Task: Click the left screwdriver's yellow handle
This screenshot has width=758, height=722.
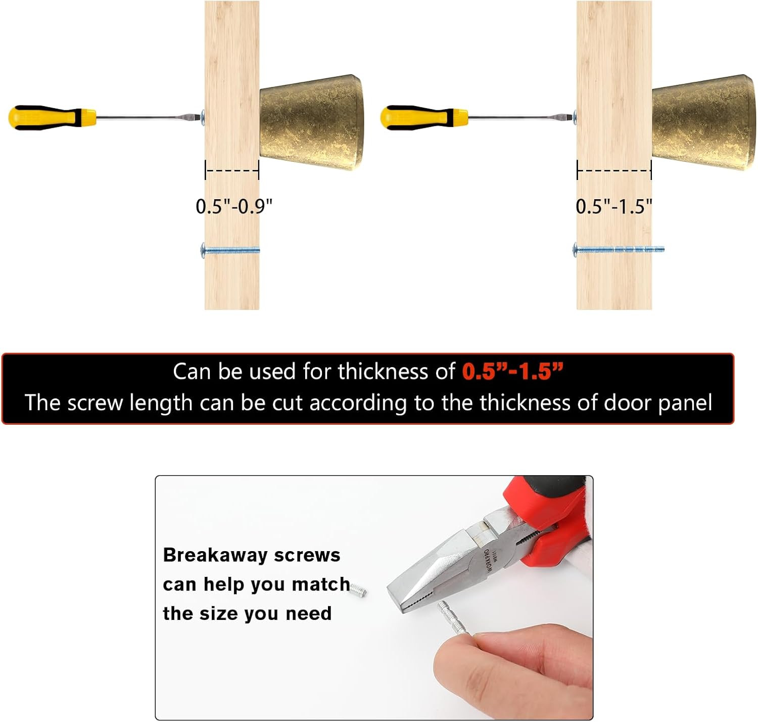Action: coord(52,117)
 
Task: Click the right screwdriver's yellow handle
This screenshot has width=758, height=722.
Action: coord(424,117)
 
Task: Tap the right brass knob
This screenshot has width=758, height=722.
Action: coord(703,122)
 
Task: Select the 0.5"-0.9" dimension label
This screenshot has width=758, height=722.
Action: coord(234,206)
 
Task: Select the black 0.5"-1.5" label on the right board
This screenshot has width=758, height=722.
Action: coord(614,206)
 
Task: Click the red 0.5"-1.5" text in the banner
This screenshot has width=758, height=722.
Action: coord(512,372)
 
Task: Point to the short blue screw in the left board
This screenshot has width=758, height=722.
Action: coord(230,250)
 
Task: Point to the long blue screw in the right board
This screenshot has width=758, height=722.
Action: coord(619,250)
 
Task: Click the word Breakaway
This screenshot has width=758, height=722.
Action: coord(215,555)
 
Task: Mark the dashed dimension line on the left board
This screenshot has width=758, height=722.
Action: coord(232,170)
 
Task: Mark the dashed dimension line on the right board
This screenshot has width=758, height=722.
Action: coord(614,170)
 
